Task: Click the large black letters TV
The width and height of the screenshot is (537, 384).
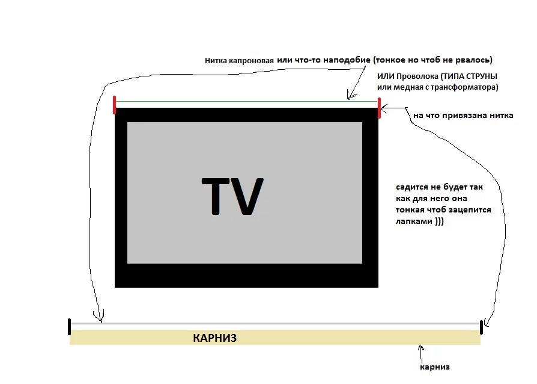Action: pyautogui.click(x=233, y=196)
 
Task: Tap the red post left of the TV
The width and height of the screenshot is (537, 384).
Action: pyautogui.click(x=114, y=104)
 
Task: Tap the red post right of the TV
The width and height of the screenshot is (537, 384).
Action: pyautogui.click(x=379, y=108)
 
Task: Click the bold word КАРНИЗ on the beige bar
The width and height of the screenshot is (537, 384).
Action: pyautogui.click(x=214, y=338)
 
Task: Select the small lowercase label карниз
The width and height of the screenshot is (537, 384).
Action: pyautogui.click(x=435, y=367)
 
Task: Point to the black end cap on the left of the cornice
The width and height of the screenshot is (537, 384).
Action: pyautogui.click(x=70, y=326)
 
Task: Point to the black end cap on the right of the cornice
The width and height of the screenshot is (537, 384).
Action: pyautogui.click(x=481, y=327)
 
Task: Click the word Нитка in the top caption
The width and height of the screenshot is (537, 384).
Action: pyautogui.click(x=215, y=61)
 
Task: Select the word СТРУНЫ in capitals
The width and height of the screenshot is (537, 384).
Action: pyautogui.click(x=481, y=78)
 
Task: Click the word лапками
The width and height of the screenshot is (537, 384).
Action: pyautogui.click(x=414, y=221)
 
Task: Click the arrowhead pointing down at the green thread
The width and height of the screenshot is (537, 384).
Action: pyautogui.click(x=350, y=97)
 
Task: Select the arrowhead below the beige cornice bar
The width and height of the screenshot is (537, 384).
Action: pyautogui.click(x=421, y=348)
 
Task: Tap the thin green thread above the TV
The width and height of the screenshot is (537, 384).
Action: pyautogui.click(x=240, y=101)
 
